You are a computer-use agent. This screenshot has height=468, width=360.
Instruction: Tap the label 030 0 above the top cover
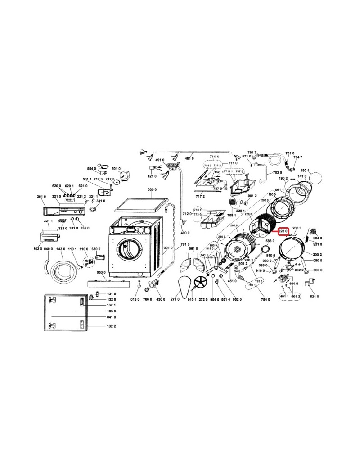click(152, 190)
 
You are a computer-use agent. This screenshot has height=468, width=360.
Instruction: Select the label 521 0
click(315, 297)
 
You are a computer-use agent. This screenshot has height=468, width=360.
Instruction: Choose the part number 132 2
click(112, 326)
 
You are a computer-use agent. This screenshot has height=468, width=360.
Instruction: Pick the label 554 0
click(92, 169)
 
